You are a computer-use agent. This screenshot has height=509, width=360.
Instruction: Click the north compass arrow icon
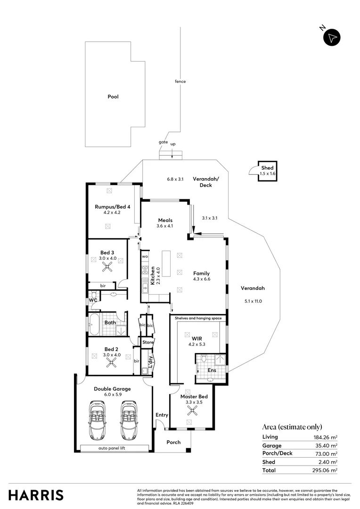(332, 37)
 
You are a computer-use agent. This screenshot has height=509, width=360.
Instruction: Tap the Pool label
(113, 97)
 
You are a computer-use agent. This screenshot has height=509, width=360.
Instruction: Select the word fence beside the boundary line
(180, 82)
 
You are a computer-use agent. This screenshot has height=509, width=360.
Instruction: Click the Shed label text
(267, 168)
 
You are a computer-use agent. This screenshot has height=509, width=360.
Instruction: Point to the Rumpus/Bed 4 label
(112, 206)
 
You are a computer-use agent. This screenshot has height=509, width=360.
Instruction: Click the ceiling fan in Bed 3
(108, 268)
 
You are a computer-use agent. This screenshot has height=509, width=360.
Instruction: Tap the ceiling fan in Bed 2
(112, 362)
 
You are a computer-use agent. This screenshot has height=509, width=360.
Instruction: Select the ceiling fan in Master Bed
(191, 411)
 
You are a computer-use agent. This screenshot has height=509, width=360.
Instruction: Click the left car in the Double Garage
(98, 420)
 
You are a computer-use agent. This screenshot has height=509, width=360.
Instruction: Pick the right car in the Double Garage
(128, 420)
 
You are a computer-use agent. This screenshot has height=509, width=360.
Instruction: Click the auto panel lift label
(114, 448)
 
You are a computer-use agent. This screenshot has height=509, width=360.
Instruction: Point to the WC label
(93, 300)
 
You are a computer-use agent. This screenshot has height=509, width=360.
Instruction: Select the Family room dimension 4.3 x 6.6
(201, 279)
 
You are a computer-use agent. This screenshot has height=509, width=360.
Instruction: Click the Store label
(147, 342)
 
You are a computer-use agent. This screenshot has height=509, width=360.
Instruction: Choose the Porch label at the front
(174, 442)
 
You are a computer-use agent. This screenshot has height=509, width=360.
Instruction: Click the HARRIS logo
(35, 495)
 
